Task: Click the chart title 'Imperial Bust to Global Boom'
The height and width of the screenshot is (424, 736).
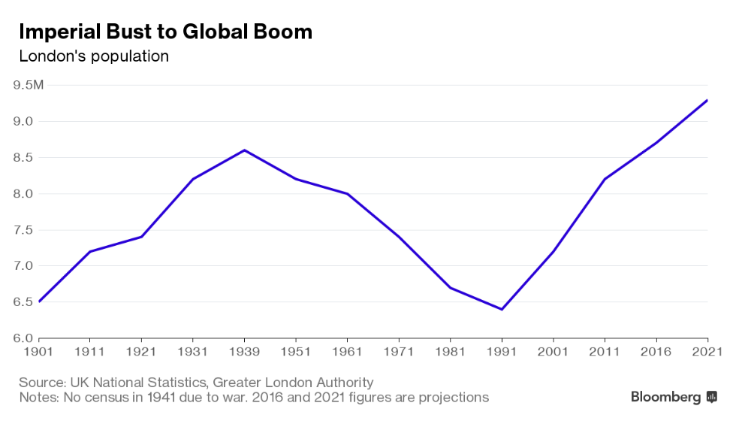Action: tap(165, 32)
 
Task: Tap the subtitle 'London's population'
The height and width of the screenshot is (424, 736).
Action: tap(94, 56)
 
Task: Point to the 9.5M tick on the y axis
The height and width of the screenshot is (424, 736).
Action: tap(29, 85)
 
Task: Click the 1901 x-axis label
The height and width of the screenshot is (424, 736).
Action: tap(38, 351)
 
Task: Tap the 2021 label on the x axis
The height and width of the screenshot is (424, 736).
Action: tap(707, 351)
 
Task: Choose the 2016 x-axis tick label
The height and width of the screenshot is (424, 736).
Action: tap(656, 351)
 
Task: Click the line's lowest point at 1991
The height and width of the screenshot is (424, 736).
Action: tap(502, 309)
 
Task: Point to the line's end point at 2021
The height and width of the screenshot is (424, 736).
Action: tap(707, 100)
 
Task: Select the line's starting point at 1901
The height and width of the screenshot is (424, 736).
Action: tap(39, 301)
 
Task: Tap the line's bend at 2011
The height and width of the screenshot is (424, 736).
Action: tap(605, 179)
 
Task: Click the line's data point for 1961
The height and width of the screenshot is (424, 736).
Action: tap(347, 194)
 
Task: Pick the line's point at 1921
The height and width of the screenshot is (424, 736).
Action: tap(141, 237)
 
